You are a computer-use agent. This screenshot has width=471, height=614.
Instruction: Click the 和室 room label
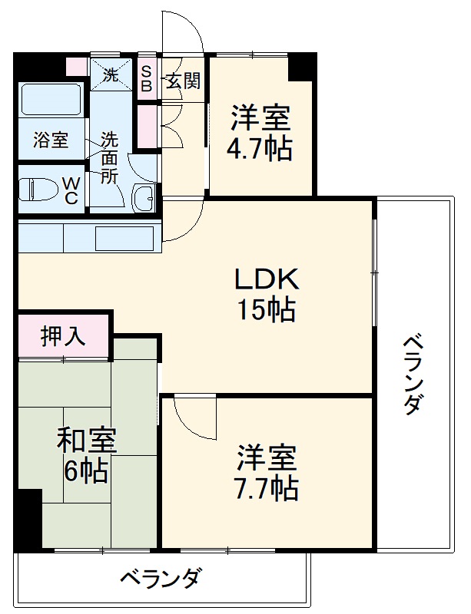(x=87, y=441)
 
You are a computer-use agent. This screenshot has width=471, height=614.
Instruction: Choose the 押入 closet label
(x=63, y=336)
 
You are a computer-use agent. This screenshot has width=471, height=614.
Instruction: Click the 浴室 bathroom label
(x=51, y=141)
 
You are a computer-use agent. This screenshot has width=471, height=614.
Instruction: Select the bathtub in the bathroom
(x=51, y=101)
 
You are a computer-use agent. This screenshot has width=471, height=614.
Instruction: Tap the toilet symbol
(x=38, y=188)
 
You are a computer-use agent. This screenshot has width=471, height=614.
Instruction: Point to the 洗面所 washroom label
(x=110, y=159)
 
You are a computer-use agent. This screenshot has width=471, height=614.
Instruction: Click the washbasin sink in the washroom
(x=144, y=197)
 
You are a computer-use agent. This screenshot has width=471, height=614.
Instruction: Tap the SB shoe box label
(x=146, y=78)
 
